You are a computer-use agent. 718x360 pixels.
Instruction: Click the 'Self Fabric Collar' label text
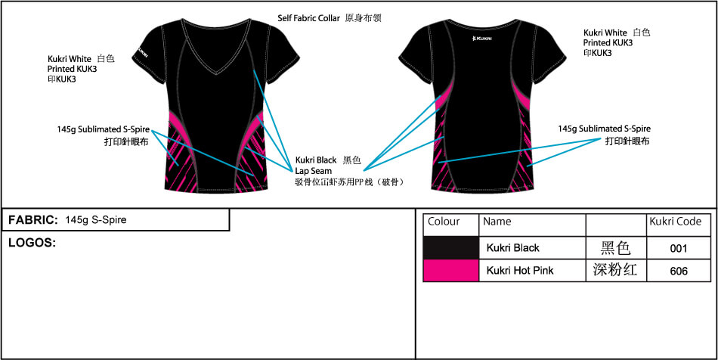(x=308, y=18)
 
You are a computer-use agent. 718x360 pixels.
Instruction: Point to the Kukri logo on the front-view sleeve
(x=142, y=51)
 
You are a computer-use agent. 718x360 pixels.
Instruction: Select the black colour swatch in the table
(x=451, y=248)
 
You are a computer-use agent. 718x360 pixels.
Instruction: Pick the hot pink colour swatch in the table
(x=451, y=270)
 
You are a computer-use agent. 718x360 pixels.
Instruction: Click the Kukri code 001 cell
(x=679, y=248)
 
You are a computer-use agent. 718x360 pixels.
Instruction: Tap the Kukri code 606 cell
(x=679, y=272)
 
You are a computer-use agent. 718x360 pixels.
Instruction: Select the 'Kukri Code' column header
(x=676, y=222)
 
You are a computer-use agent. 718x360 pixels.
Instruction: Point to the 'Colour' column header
(x=444, y=222)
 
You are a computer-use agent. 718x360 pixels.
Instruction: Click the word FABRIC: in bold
(x=33, y=220)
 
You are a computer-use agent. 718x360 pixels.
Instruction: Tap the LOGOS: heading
(x=32, y=243)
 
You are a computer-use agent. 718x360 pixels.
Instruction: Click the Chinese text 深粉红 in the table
(x=616, y=270)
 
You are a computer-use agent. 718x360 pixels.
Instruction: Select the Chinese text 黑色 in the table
(x=616, y=248)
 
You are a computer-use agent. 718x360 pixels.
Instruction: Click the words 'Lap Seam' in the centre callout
(x=314, y=171)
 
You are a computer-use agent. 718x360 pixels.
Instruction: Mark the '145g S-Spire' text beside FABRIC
(x=96, y=220)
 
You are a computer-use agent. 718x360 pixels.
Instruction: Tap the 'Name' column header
(x=497, y=222)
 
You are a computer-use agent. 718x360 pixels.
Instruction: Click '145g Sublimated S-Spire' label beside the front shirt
(x=104, y=129)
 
